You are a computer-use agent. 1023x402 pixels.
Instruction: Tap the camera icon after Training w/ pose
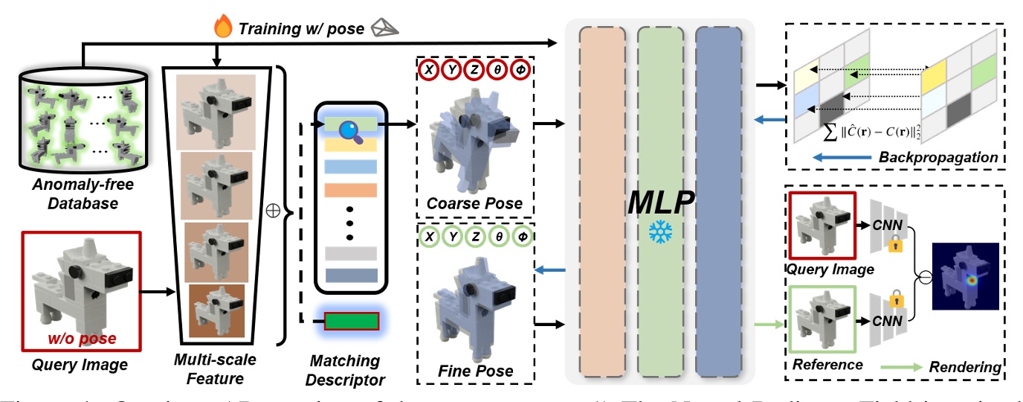pyautogui.click(x=386, y=28)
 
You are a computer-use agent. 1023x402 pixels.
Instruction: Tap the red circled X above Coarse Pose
pyautogui.click(x=428, y=71)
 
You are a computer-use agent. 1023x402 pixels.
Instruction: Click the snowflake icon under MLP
pyautogui.click(x=658, y=230)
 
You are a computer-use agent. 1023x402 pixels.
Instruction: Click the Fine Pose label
pyautogui.click(x=476, y=371)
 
